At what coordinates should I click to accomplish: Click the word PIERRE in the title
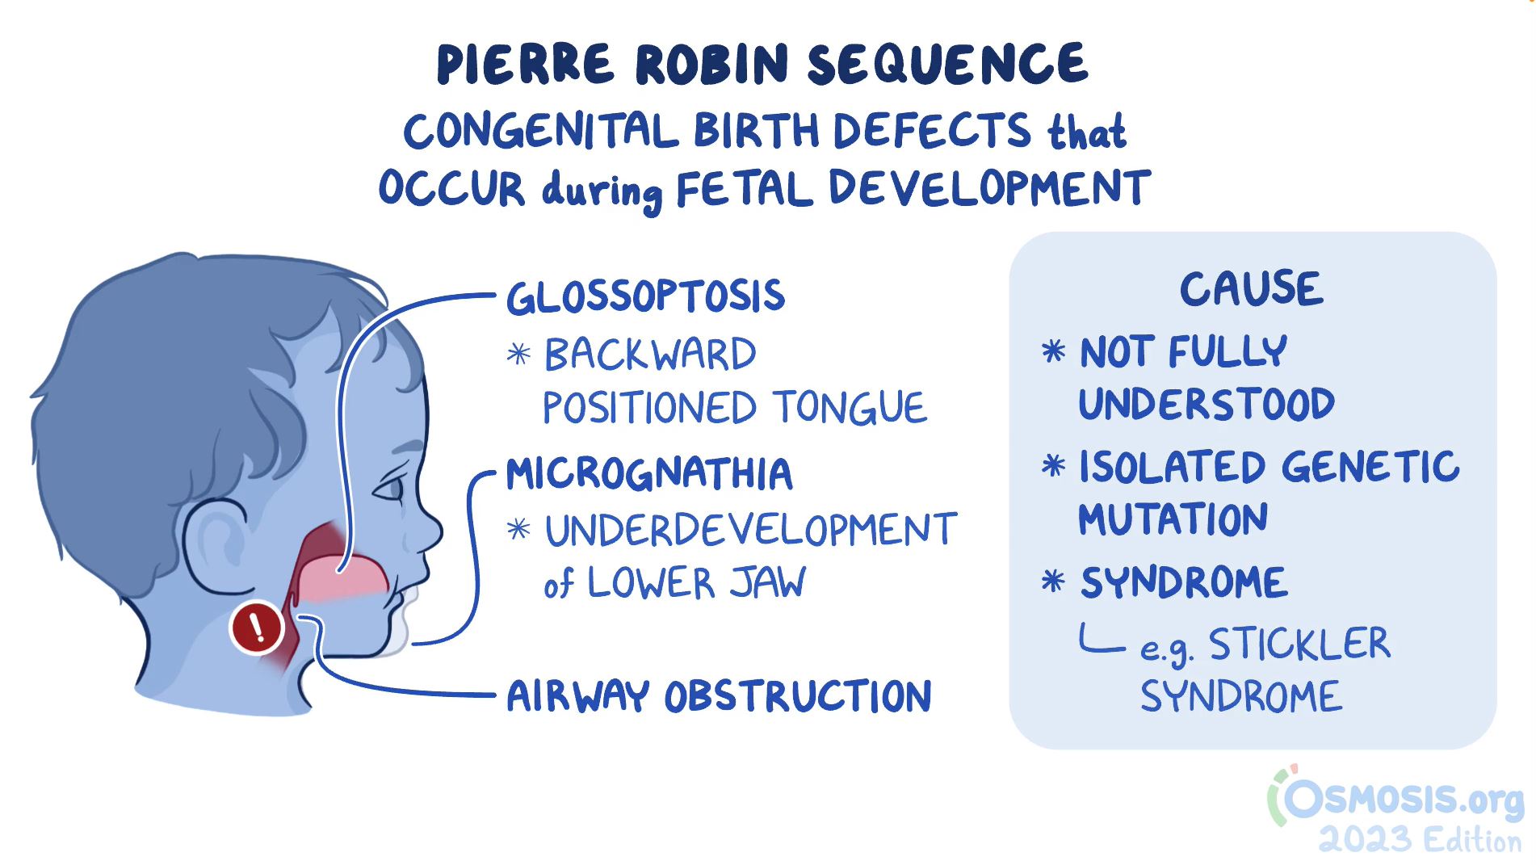coord(526,64)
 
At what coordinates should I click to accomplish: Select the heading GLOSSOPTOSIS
coord(646,296)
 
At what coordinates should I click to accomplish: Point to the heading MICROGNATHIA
coord(649,474)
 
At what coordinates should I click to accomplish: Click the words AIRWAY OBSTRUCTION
coord(719,695)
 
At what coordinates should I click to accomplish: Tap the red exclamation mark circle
coord(257,627)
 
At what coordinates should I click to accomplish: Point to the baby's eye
coord(389,487)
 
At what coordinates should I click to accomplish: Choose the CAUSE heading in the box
coord(1252,288)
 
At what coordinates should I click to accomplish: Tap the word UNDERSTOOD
coord(1207,404)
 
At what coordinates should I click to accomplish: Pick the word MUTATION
coord(1173,519)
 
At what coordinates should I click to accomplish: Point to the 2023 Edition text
coord(1421,840)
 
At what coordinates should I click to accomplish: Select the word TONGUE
coord(850,407)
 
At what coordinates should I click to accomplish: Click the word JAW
coord(768,582)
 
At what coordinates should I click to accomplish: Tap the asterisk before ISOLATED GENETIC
coord(1053,466)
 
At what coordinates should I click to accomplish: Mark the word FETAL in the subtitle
coord(744,189)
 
